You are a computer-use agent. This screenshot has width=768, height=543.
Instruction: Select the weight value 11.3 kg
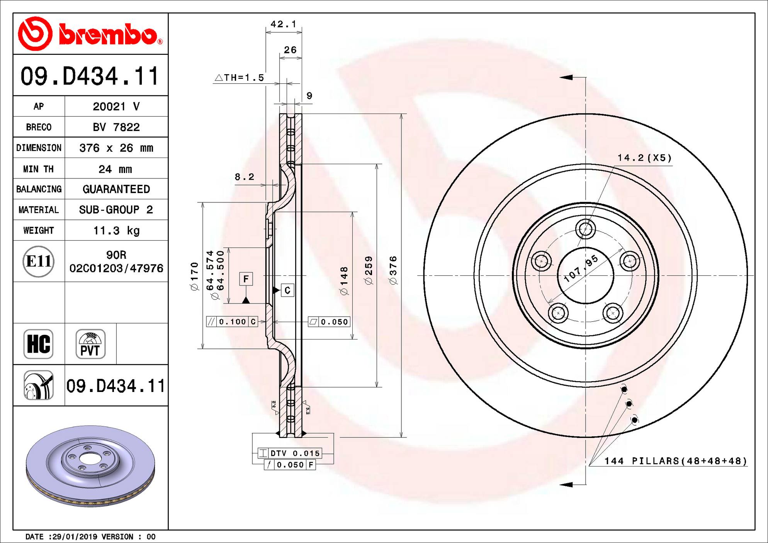click(x=116, y=231)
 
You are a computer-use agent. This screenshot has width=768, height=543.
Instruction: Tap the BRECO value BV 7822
click(x=116, y=127)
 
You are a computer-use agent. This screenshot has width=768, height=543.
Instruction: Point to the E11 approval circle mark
click(x=38, y=261)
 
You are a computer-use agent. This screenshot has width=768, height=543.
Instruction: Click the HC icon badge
click(x=38, y=344)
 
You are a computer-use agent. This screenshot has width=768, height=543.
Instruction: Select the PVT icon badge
click(x=90, y=344)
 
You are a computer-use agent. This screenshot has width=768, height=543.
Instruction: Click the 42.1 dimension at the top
click(x=283, y=24)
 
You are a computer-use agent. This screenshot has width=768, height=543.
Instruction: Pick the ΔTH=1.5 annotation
click(x=240, y=78)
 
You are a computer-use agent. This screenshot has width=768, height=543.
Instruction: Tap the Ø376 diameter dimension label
click(x=393, y=270)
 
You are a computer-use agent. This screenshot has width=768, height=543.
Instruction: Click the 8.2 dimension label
click(x=245, y=177)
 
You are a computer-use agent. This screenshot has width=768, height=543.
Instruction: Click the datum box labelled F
click(x=246, y=279)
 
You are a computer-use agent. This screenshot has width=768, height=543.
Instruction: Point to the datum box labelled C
click(x=287, y=290)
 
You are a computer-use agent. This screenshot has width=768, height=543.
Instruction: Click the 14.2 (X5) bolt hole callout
click(x=644, y=158)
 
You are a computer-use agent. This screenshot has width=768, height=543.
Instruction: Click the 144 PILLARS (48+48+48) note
click(x=675, y=461)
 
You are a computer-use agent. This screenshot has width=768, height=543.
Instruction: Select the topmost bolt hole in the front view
click(x=585, y=229)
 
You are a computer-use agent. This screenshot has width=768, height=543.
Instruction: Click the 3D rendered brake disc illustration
click(x=90, y=465)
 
